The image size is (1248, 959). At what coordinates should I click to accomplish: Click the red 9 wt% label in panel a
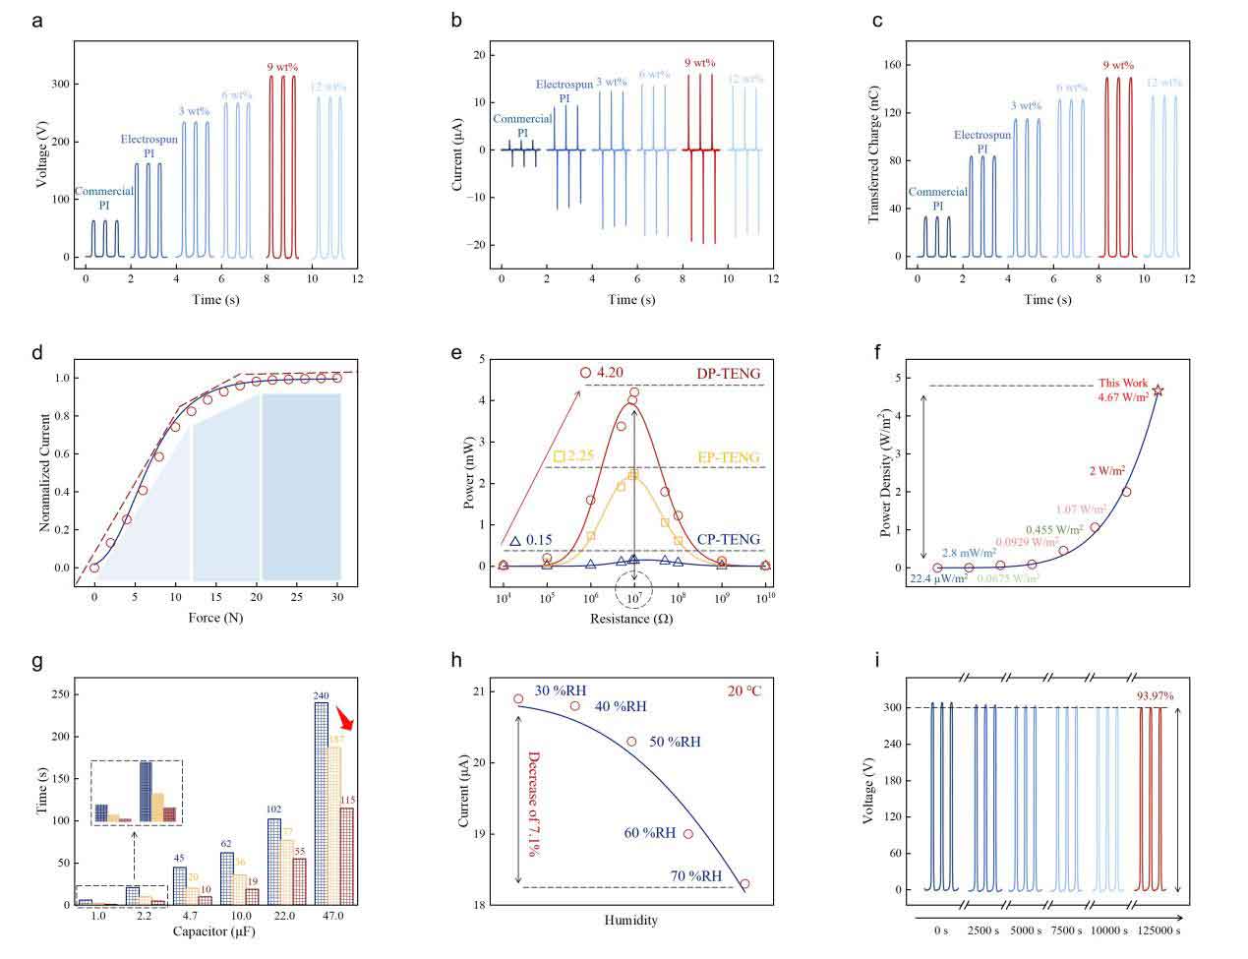[x=282, y=67]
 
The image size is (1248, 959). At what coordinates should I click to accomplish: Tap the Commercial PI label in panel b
[x=522, y=126]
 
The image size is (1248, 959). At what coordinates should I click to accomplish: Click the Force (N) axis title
[x=216, y=619]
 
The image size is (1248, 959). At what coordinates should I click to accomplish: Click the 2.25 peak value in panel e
[x=581, y=456]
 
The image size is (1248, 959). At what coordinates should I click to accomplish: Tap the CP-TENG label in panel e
[x=728, y=538]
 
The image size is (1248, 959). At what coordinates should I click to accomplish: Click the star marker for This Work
[x=1158, y=390]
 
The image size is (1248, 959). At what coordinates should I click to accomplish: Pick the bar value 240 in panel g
[x=321, y=695]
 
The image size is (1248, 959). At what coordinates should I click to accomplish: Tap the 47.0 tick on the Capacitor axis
[x=332, y=917]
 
